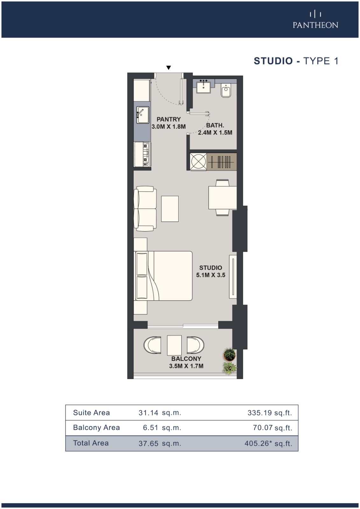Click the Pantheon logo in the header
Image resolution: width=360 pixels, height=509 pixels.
click(x=315, y=20)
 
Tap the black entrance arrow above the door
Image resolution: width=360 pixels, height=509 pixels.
click(x=168, y=67)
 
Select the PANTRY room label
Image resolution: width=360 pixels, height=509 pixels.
click(x=168, y=119)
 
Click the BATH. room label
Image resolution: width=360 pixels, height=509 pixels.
click(x=215, y=125)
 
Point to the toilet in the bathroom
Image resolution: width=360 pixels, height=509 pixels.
click(x=226, y=90)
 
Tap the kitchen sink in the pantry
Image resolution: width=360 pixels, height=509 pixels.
click(x=143, y=115)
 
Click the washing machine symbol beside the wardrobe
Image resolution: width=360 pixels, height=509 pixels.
click(x=198, y=162)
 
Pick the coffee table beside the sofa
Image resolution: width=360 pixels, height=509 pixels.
click(x=170, y=209)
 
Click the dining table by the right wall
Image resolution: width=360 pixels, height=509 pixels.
click(x=222, y=198)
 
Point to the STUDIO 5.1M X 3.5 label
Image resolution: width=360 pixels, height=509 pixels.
click(x=211, y=271)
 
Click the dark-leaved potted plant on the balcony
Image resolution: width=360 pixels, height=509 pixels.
click(x=229, y=354)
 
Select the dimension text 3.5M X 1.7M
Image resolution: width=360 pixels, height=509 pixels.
click(x=186, y=366)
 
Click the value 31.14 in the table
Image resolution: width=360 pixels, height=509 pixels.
click(x=148, y=413)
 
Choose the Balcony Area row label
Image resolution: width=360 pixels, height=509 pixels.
click(x=96, y=428)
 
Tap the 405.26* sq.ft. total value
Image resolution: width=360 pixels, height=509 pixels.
click(x=268, y=443)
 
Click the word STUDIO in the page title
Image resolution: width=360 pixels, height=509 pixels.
click(x=273, y=61)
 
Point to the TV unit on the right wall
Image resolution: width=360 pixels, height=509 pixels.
click(x=233, y=277)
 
